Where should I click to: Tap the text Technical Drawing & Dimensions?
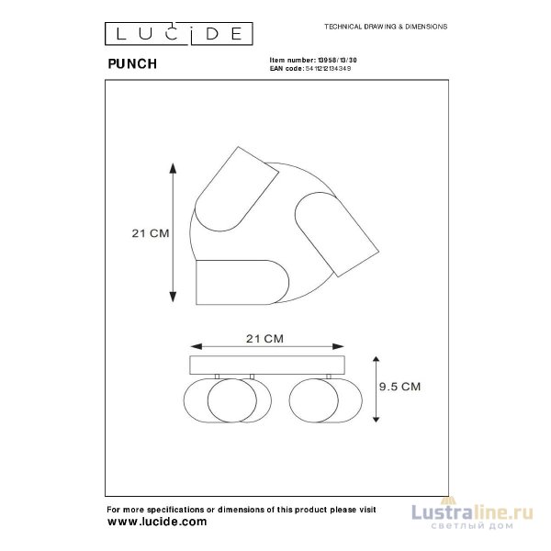click(x=380, y=28)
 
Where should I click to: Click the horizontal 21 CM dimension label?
click(x=265, y=338)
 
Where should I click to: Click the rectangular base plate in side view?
click(x=265, y=365)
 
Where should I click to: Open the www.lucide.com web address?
click(x=157, y=521)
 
